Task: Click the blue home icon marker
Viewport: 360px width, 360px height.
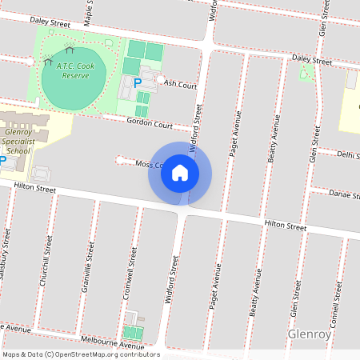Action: pos(180,172)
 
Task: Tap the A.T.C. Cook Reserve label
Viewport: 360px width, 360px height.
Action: pos(74,70)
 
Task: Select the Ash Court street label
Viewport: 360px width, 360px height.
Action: pos(180,83)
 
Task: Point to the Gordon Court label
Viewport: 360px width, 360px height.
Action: pos(150,124)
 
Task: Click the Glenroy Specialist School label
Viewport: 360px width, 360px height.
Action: pos(18,141)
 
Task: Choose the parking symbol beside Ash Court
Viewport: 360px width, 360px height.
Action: pos(137,82)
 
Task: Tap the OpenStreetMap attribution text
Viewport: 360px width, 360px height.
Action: pos(81,354)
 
